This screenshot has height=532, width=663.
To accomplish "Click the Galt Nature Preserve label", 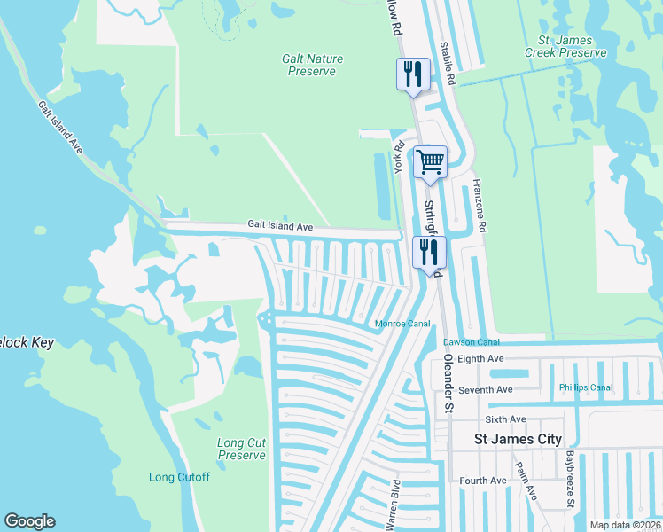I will pyautogui.click(x=312, y=65).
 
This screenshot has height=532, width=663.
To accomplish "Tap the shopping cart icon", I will pyautogui.click(x=430, y=162).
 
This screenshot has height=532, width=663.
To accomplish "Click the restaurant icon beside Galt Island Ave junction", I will pyautogui.click(x=429, y=252).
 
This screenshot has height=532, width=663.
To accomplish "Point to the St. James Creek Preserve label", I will pyautogui.click(x=572, y=47).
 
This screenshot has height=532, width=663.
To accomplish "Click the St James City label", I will pyautogui.click(x=518, y=439).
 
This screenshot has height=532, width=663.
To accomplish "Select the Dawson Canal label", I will pyautogui.click(x=472, y=342).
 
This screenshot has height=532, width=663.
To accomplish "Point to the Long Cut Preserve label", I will pyautogui.click(x=242, y=449).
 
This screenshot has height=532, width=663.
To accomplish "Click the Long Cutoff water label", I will pyautogui.click(x=179, y=477).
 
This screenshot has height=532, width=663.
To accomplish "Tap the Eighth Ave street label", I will pyautogui.click(x=482, y=358).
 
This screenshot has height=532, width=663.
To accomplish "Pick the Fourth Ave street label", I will pyautogui.click(x=483, y=481).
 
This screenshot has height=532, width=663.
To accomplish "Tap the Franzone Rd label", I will pyautogui.click(x=480, y=207).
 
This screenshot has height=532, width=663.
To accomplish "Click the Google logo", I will pyautogui.click(x=29, y=521).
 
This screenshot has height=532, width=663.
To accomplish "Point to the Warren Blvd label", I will pyautogui.click(x=393, y=505).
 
